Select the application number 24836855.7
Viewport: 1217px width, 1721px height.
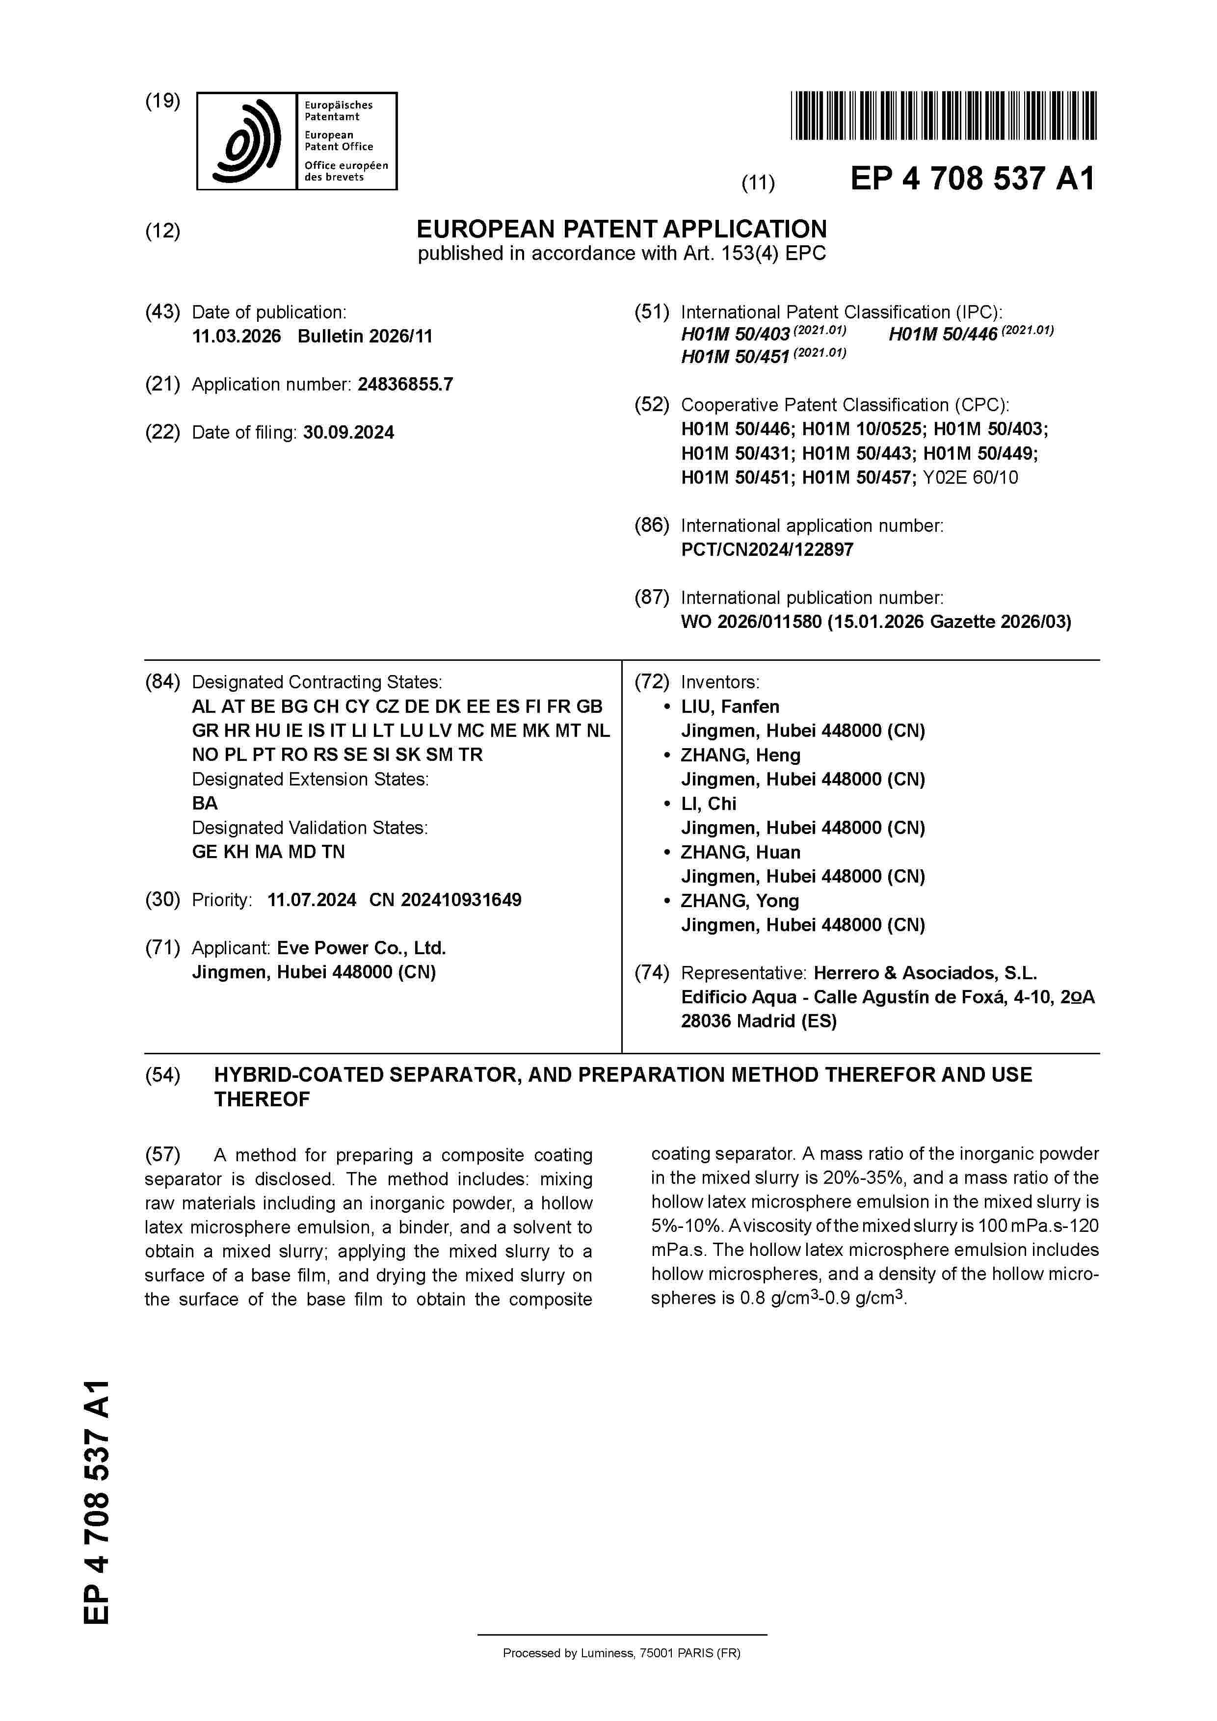(x=405, y=385)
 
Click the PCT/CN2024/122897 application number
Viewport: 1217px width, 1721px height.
(x=767, y=549)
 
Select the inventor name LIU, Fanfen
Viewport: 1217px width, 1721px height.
(x=730, y=707)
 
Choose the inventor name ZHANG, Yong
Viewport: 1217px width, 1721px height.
(x=740, y=901)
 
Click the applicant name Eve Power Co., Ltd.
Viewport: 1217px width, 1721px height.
(x=362, y=948)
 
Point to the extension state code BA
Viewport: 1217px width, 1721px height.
(x=205, y=804)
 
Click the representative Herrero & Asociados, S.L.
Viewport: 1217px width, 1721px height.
(x=925, y=973)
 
